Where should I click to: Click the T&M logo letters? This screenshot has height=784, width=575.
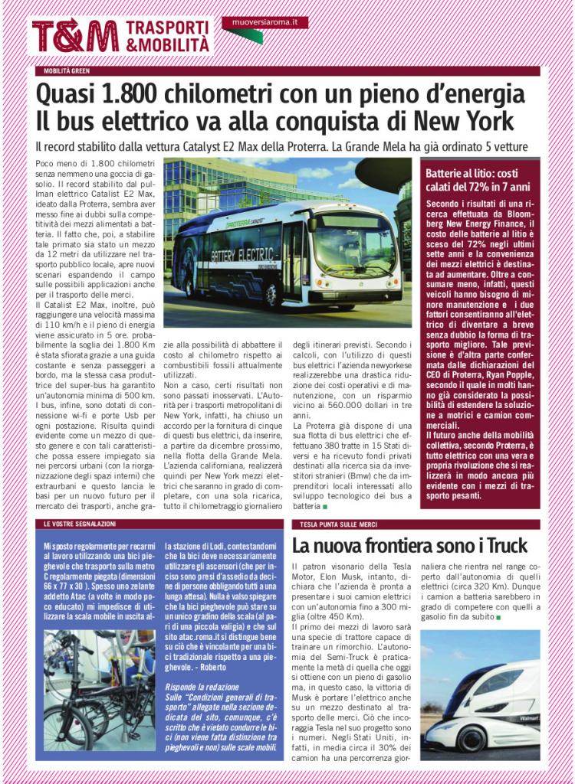pyautogui.click(x=75, y=35)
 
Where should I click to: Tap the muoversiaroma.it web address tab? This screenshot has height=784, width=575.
pyautogui.click(x=265, y=22)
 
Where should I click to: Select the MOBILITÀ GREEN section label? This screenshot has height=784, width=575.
pyautogui.click(x=67, y=71)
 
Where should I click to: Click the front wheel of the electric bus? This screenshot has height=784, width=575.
pyautogui.click(x=271, y=295)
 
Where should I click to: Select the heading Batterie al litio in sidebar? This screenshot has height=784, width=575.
pyautogui.click(x=464, y=174)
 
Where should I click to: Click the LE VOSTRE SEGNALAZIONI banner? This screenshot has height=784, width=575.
pyautogui.click(x=80, y=524)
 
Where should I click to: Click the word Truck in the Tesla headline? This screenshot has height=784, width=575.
pyautogui.click(x=502, y=546)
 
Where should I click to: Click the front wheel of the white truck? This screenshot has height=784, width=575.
pyautogui.click(x=470, y=740)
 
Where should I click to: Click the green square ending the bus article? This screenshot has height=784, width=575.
pyautogui.click(x=324, y=507)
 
